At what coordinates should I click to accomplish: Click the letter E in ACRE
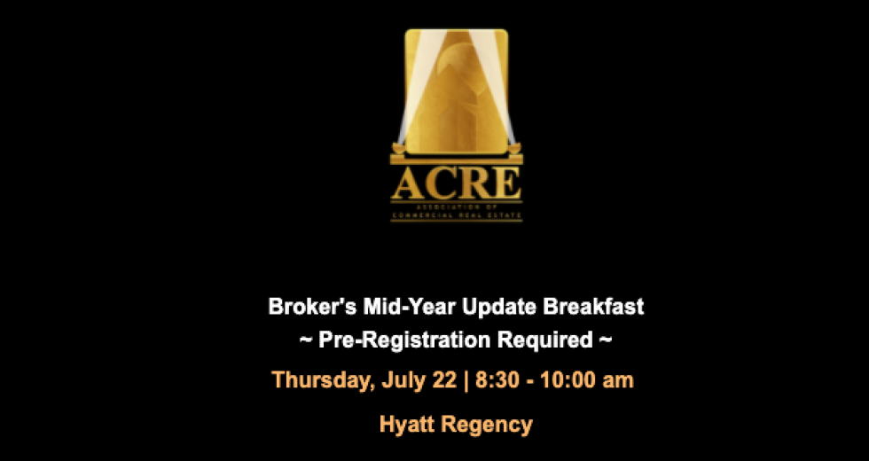point(505,184)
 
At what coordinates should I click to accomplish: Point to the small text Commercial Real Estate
point(456,215)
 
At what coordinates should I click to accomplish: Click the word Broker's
point(312,307)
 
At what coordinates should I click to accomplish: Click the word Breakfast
point(593,307)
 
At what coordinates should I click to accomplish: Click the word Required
point(545,340)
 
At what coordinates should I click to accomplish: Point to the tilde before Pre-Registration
point(306,340)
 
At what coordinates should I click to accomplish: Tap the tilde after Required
point(606,340)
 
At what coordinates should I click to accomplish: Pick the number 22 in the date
point(444,380)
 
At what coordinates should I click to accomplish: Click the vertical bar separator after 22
point(466,380)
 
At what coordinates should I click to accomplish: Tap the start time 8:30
point(497,380)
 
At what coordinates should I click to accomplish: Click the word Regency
point(487,425)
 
